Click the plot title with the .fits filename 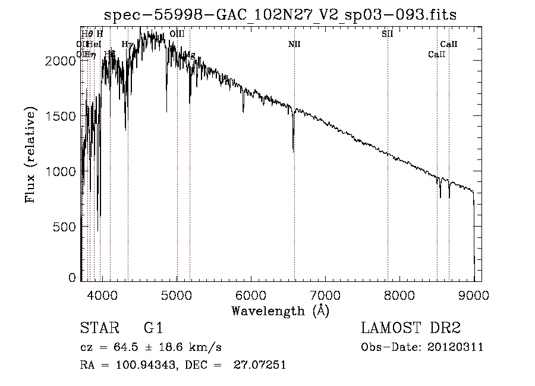[x=279, y=15]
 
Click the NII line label [x=294, y=44]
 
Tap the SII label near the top [x=387, y=34]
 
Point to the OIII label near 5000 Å [x=177, y=34]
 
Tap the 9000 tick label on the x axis [x=474, y=294]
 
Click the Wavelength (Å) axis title [x=280, y=310]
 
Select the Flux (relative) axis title [x=31, y=155]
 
